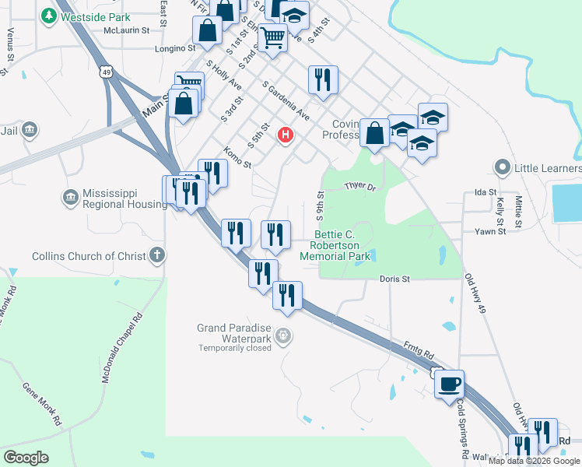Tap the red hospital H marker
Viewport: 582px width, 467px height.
(286, 135)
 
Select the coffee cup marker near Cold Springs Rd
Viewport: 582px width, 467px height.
(450, 384)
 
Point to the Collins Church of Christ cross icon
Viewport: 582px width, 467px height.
(157, 255)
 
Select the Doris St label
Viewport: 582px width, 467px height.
(394, 279)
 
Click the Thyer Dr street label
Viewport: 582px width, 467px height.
(359, 187)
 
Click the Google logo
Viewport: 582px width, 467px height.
(26, 457)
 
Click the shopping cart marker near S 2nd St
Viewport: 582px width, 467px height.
(272, 37)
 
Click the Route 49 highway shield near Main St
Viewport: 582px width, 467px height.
(104, 72)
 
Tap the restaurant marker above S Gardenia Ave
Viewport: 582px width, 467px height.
(322, 79)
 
